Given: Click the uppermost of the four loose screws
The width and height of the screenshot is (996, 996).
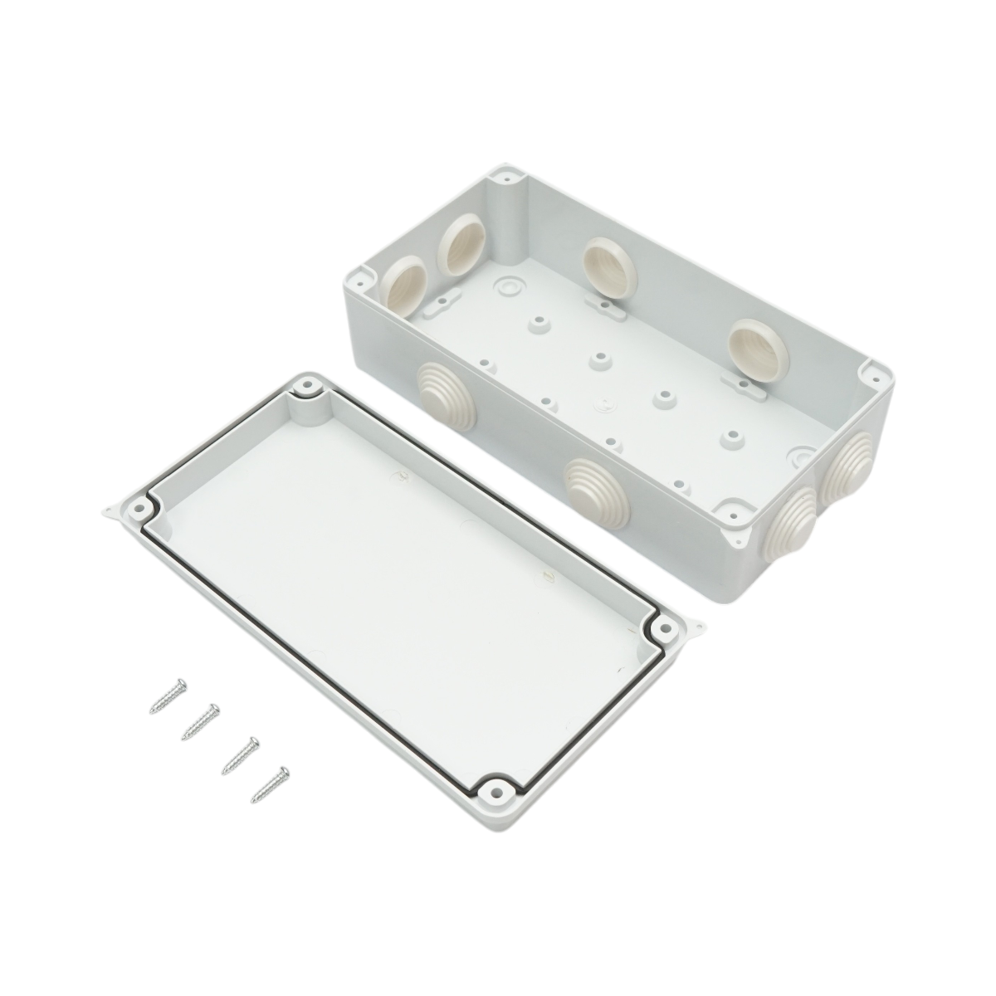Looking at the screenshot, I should pos(168,696).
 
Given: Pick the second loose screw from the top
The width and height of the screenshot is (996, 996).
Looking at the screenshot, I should pos(200,721).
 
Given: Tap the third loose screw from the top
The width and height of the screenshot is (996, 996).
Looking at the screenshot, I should pos(238,754).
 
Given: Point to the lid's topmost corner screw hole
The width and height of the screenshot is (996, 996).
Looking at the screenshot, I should pos(309,386).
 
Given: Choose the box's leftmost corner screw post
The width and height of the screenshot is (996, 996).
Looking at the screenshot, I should pos(363,272).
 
